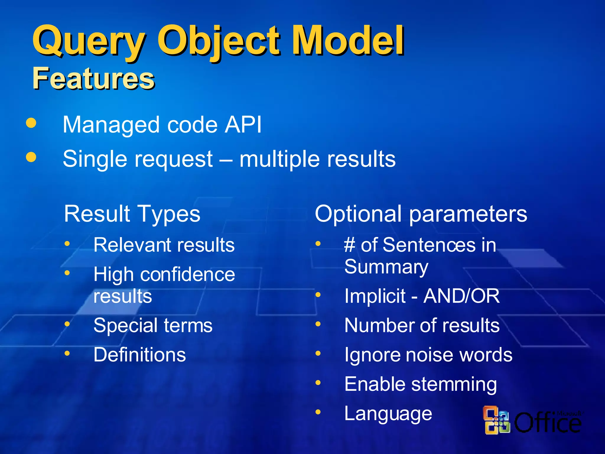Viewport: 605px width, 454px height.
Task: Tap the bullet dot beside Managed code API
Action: [x=31, y=123]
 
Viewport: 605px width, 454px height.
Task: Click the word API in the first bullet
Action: [x=243, y=125]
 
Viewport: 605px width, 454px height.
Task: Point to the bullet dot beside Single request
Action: [x=31, y=157]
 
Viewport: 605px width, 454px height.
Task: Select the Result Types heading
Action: [x=132, y=214]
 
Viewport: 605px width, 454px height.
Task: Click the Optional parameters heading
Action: [x=421, y=214]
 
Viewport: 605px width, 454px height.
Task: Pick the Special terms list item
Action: [x=153, y=325]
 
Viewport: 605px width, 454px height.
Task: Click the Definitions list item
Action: [x=139, y=355]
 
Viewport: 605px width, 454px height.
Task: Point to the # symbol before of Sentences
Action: [x=349, y=245]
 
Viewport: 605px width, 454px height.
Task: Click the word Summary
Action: [x=386, y=267]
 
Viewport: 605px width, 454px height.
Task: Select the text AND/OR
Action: [x=461, y=296]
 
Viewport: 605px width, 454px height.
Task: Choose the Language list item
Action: [x=388, y=414]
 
